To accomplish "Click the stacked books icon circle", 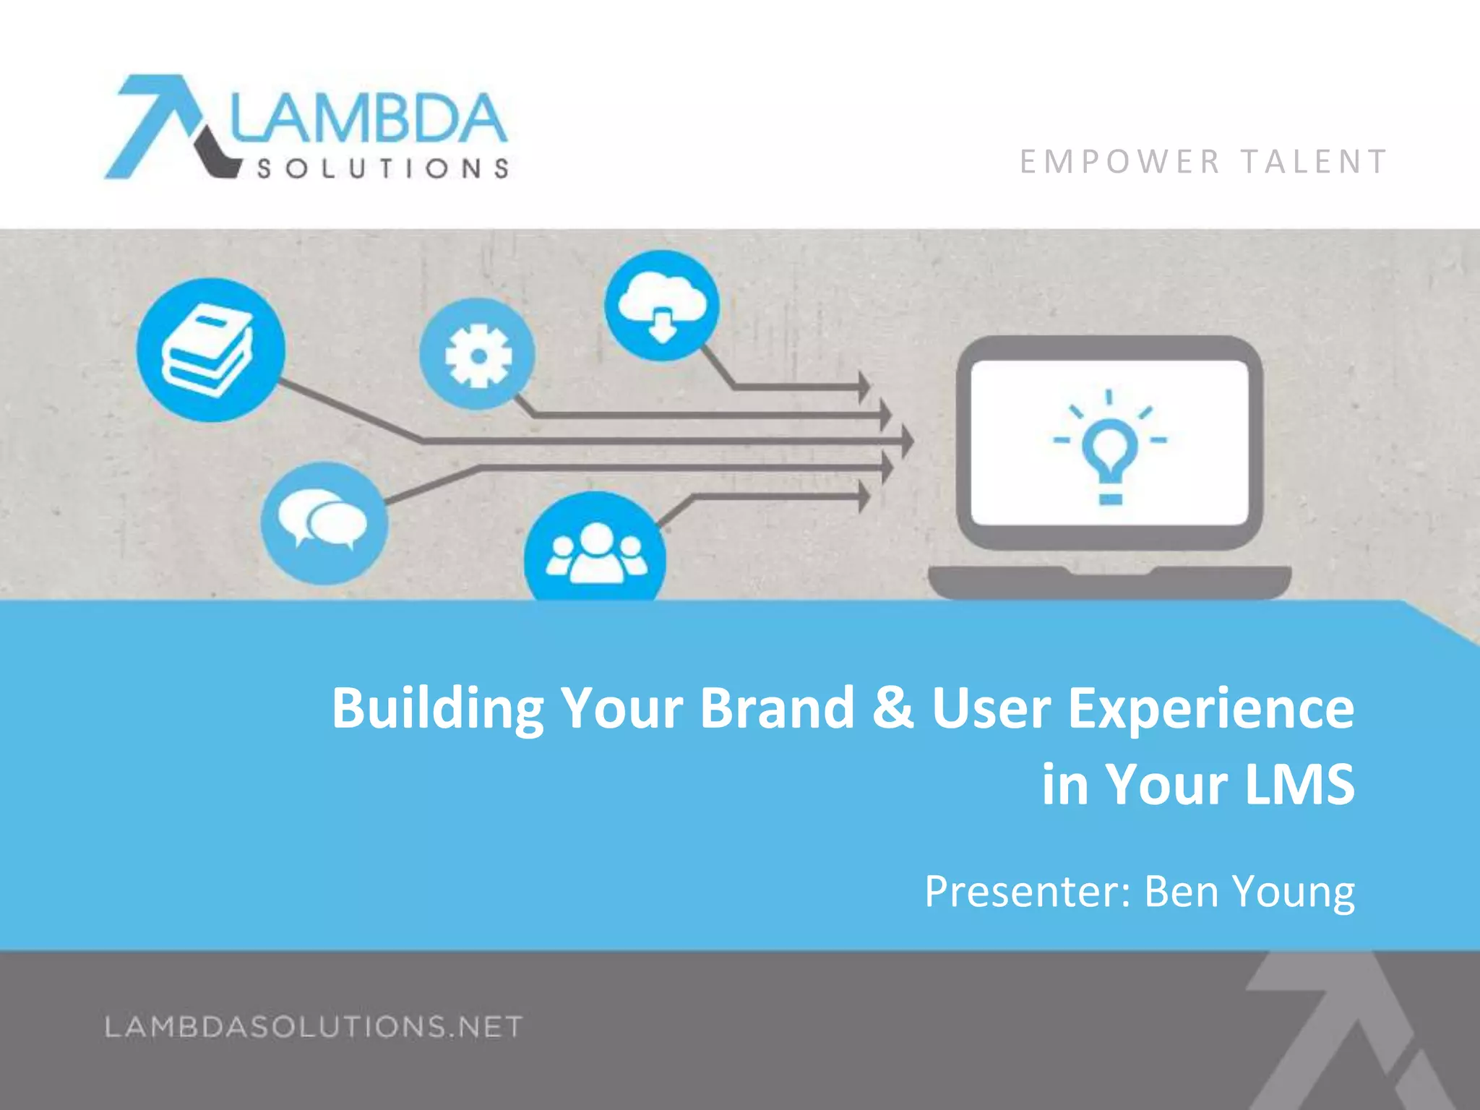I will pyautogui.click(x=210, y=350).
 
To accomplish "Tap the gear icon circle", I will pyautogui.click(x=477, y=354).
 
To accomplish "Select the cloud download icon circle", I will pyautogui.click(x=662, y=306).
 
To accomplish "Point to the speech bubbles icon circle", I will pyautogui.click(x=324, y=522).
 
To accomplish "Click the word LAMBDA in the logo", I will pyautogui.click(x=369, y=119).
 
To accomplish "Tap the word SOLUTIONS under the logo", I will pyautogui.click(x=383, y=169).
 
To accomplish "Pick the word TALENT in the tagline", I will pyautogui.click(x=1315, y=162).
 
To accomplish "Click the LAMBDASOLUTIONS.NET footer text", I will pyautogui.click(x=314, y=1026).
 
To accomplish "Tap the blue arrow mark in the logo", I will pyautogui.click(x=155, y=123).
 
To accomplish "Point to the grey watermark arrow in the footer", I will pyautogui.click(x=1344, y=1026).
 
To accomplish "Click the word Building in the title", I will pyautogui.click(x=437, y=708).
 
